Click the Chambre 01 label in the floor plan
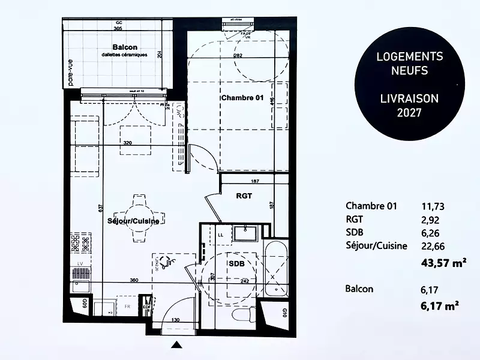(x=242, y=98)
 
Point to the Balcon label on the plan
(x=125, y=47)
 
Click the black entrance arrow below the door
(x=176, y=344)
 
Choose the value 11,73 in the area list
(x=434, y=206)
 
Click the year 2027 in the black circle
(x=409, y=112)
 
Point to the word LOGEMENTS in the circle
(x=409, y=57)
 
